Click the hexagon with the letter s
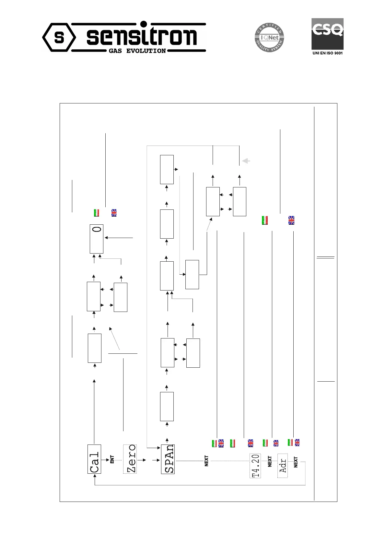[x=59, y=38]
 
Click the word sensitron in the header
[x=141, y=36]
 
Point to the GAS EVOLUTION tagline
[x=137, y=51]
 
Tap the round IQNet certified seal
[x=268, y=38]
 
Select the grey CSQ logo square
[x=327, y=34]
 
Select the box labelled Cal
[x=94, y=459]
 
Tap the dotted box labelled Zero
[x=130, y=459]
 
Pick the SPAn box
[x=168, y=459]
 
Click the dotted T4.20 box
[x=255, y=465]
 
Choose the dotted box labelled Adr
[x=283, y=465]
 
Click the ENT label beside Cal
[x=112, y=459]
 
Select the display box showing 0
[x=97, y=238]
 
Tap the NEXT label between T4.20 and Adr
[x=270, y=461]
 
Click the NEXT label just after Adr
[x=296, y=462]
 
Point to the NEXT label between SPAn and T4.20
[x=206, y=461]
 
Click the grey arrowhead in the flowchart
[x=246, y=160]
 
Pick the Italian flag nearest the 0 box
[x=96, y=213]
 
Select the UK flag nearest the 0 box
[x=114, y=213]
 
